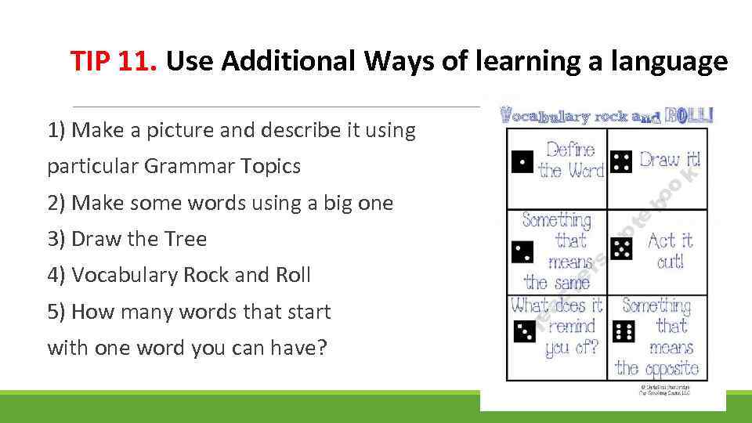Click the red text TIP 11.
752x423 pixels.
coord(114,60)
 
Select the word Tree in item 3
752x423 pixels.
coord(186,239)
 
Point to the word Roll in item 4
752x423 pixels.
coord(293,275)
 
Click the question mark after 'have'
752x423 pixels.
coord(320,347)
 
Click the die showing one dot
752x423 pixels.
coord(522,161)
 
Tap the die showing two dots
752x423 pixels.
coord(522,251)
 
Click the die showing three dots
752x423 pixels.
coord(523,331)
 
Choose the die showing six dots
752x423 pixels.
coord(624,331)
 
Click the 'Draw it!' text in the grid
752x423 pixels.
coord(670,159)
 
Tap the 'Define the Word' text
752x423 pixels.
coord(571,160)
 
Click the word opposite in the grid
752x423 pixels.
coord(656,367)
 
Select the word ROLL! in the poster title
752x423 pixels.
coord(689,117)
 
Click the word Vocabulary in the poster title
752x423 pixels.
coord(544,117)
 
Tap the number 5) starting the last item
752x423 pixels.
coord(56,312)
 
